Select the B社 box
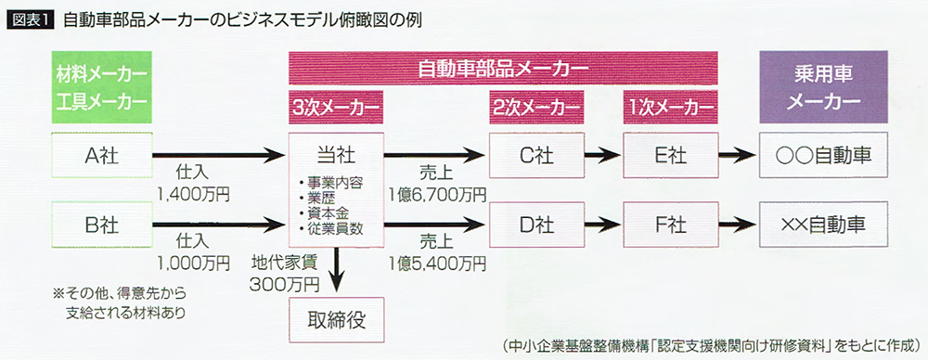[x=100, y=223]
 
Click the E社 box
[x=670, y=155]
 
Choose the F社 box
[x=670, y=223]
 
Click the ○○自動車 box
[x=816, y=155]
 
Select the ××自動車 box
[x=816, y=223]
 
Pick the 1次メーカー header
[x=670, y=108]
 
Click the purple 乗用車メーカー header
[x=816, y=84]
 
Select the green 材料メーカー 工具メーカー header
[x=100, y=84]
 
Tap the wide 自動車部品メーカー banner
[x=503, y=69]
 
